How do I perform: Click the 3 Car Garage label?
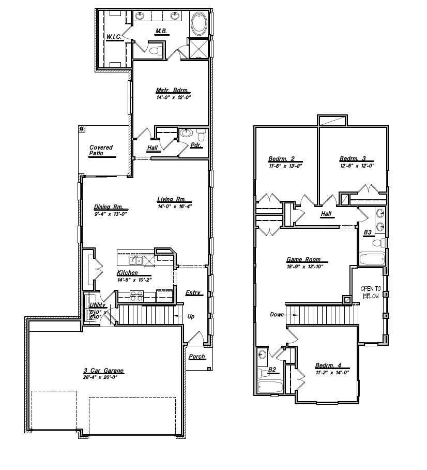point(103,371)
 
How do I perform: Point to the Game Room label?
point(303,260)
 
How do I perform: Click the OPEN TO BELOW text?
point(371,292)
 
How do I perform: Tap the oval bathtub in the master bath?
point(199,24)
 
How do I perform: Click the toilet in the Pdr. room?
point(201,136)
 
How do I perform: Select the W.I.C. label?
point(114,37)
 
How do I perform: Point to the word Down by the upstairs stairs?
point(277,315)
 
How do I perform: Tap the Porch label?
point(197,357)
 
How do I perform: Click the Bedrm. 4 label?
point(328,365)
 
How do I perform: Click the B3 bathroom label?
point(368,233)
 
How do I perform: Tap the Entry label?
point(193,293)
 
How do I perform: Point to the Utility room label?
point(97,305)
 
